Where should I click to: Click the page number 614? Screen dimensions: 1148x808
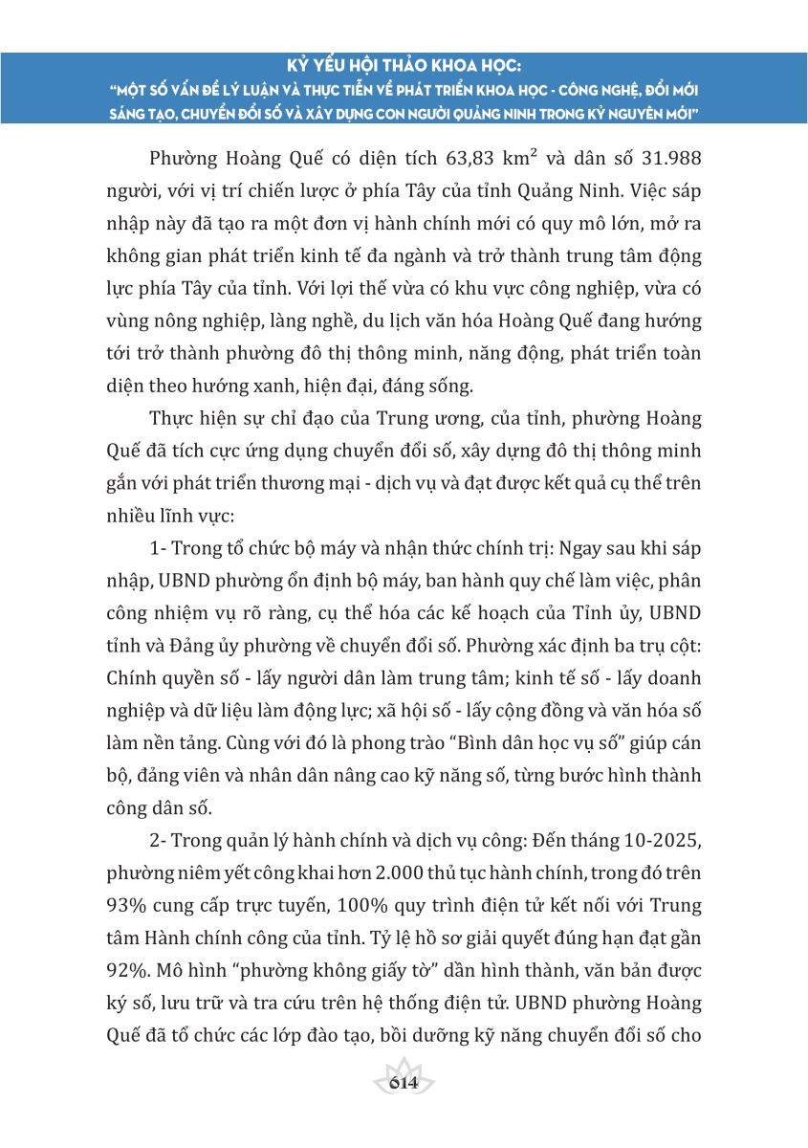[404, 1083]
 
